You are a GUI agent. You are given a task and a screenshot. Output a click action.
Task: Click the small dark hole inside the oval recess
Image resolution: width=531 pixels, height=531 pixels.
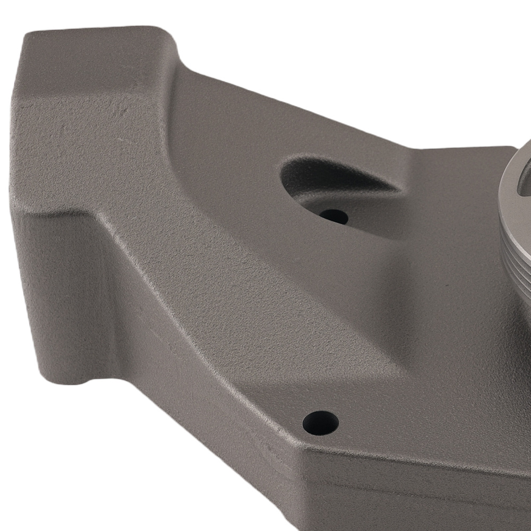tap(334, 216)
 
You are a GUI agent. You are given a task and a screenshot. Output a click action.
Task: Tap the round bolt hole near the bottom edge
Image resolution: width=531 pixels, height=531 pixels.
tap(320, 423)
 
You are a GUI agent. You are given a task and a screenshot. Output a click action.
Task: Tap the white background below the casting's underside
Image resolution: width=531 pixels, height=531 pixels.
tap(133, 467)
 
